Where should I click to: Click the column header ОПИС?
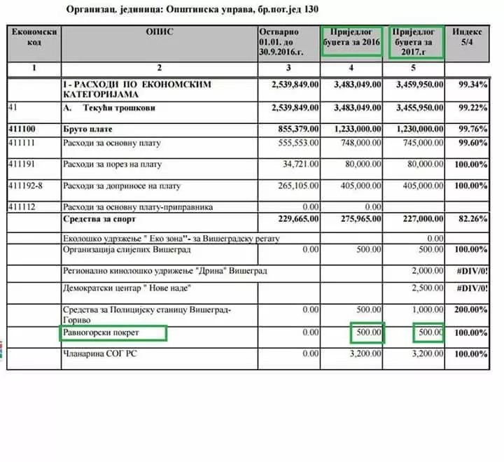click(160, 31)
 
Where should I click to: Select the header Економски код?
click(34, 37)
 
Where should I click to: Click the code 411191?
click(22, 164)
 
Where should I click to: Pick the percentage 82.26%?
click(471, 219)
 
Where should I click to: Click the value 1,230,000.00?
click(417, 129)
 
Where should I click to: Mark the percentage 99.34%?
click(471, 85)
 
